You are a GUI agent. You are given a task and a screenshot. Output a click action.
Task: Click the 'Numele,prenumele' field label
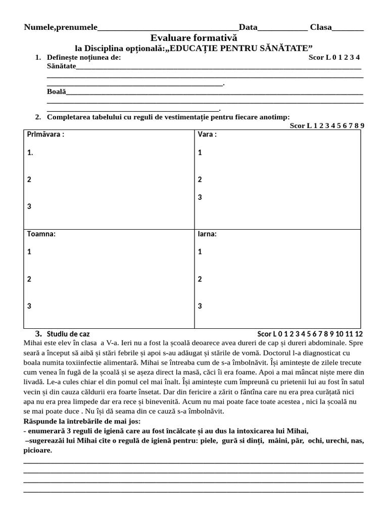point(61,27)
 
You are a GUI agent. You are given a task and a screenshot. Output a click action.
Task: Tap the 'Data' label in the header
point(248,27)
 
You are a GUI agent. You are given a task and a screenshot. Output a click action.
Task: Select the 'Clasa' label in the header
point(321,27)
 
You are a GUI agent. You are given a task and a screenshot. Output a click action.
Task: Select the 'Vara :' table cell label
point(207,135)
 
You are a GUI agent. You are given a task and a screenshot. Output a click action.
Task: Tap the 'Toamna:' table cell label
point(41,234)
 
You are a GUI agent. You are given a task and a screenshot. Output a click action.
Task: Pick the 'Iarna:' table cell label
point(207,234)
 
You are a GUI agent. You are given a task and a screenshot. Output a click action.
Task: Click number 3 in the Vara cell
point(200,197)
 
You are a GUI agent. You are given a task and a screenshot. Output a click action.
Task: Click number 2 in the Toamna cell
point(29,279)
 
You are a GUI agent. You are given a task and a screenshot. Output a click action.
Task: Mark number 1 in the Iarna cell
point(200,251)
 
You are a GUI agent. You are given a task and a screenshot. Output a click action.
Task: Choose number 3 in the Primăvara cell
point(29,206)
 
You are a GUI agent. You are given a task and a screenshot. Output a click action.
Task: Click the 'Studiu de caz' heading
point(68,334)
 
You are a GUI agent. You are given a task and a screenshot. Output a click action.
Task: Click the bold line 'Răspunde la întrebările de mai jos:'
point(82,421)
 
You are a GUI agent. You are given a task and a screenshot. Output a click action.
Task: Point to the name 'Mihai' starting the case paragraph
point(34,343)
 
